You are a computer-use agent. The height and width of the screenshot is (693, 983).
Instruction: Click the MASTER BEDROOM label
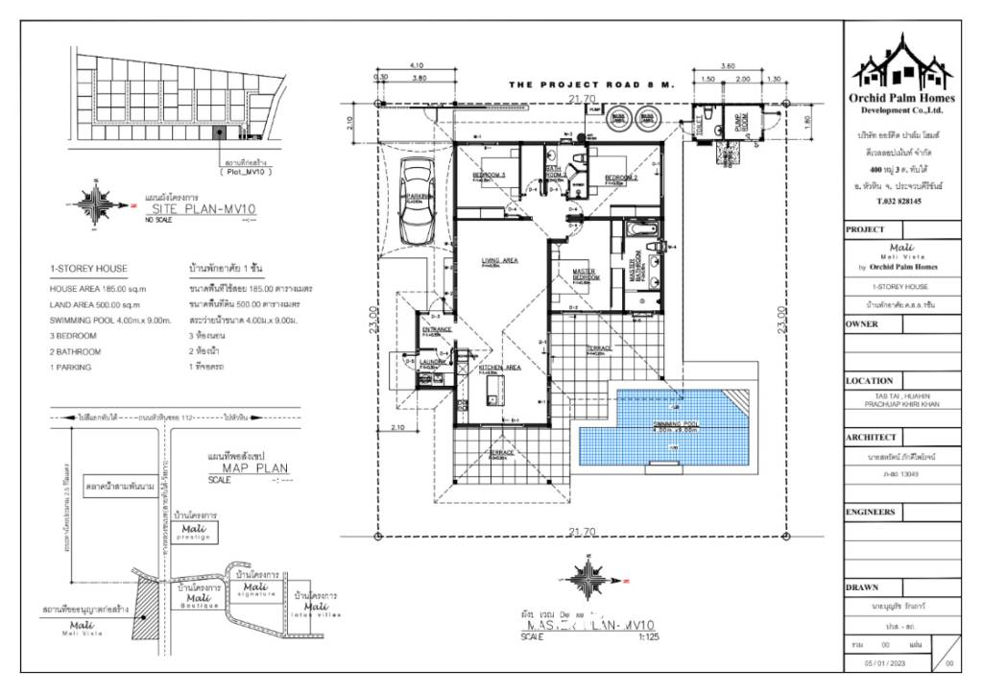tap(584, 275)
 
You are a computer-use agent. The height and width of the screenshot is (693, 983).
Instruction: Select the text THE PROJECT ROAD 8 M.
tap(592, 84)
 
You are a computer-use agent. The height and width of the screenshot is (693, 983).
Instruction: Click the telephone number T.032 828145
tap(900, 202)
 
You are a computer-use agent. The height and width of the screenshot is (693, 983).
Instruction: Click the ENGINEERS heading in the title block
tap(871, 513)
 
